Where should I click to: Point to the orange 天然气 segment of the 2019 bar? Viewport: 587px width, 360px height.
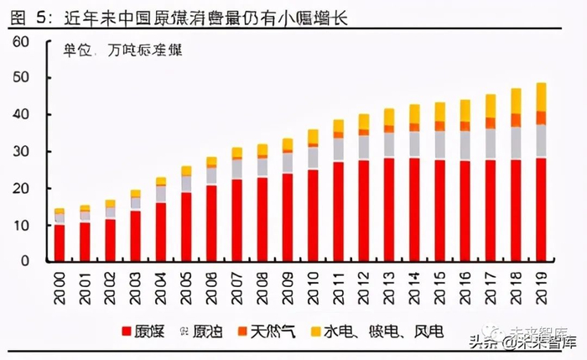coord(542,117)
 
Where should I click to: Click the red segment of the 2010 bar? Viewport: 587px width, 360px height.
coord(313,214)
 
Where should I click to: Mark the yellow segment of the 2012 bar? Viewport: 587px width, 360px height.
coord(363,122)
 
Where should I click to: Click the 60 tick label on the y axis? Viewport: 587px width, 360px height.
coord(21,41)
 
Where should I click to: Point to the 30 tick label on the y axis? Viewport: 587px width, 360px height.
coord(21,152)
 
